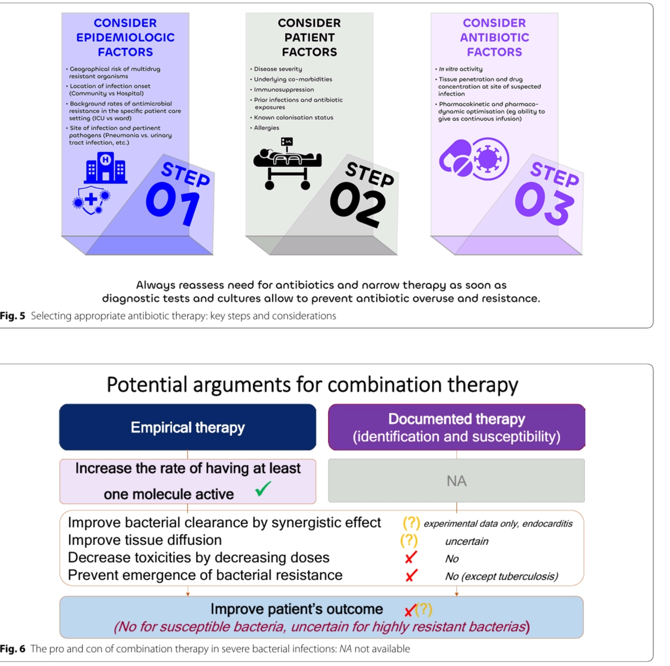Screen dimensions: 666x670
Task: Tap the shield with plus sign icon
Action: (90, 200)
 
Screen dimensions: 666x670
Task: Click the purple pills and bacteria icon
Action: (474, 159)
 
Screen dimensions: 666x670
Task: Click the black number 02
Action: (358, 206)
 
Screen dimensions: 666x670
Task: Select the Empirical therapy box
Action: (188, 427)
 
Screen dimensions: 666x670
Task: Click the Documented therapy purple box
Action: (456, 427)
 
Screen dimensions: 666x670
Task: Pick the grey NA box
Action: (456, 481)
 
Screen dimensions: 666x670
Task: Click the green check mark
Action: (263, 488)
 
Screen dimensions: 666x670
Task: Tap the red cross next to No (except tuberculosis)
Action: (411, 576)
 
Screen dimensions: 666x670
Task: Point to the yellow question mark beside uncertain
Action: (409, 540)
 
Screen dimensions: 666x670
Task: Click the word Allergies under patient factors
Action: (267, 128)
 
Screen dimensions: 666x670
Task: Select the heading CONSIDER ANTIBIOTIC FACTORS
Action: (494, 37)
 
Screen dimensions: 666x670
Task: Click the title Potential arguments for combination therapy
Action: (312, 384)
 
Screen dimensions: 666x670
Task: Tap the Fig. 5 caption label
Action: (12, 316)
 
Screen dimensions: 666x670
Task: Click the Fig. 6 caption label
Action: (12, 649)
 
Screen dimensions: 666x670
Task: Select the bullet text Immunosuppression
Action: (284, 89)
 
